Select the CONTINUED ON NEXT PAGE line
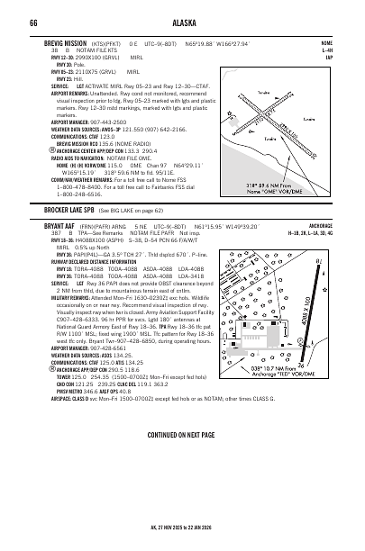click(182, 435)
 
